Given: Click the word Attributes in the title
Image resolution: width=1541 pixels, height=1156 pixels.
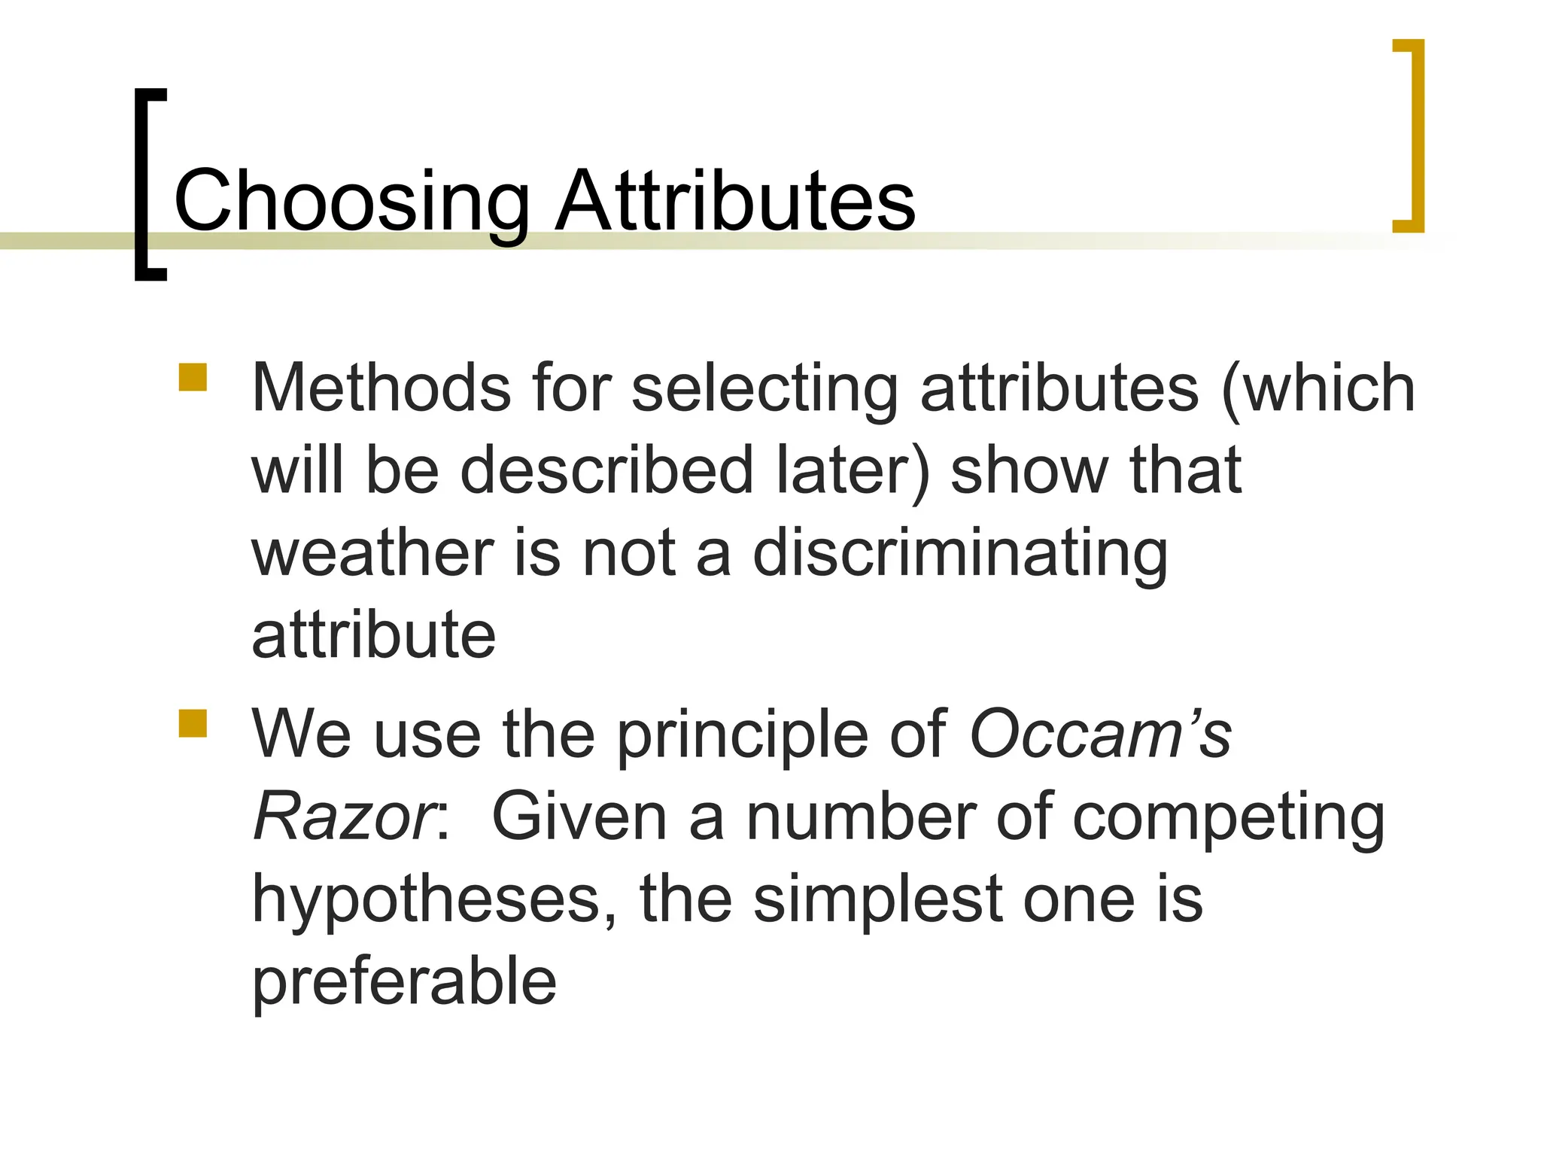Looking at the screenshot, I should [735, 200].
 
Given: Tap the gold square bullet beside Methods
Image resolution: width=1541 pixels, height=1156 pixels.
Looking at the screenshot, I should [193, 378].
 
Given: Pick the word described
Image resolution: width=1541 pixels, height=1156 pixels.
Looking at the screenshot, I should [607, 470].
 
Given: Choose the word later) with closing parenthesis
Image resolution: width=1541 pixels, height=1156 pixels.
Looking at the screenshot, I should [853, 470].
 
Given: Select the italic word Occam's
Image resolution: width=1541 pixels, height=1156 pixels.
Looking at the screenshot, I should [1100, 734].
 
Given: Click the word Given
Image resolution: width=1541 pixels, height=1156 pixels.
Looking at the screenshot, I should [579, 817].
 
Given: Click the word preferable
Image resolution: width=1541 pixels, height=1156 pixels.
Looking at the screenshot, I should [404, 982].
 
